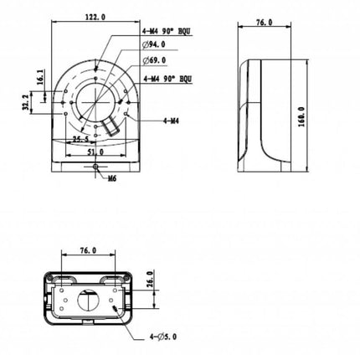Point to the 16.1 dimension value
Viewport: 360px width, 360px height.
pos(39,75)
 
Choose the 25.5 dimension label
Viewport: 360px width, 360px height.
pos(81,139)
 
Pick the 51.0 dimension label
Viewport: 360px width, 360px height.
pos(95,152)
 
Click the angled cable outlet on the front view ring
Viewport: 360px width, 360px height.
pos(110,128)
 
